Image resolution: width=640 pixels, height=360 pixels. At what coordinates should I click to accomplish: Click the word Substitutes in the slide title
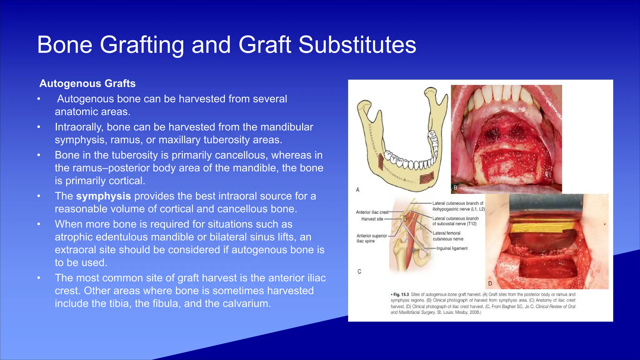point(357,45)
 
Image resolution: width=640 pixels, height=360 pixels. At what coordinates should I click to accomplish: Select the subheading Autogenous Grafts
point(87,83)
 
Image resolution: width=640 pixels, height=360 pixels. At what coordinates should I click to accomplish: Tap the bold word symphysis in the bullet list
point(103,196)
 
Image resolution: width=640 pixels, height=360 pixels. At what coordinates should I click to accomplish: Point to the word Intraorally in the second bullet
point(79,127)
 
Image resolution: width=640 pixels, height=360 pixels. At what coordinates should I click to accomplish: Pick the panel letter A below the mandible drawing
point(358,190)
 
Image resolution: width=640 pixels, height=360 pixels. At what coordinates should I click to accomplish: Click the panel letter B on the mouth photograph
point(455,188)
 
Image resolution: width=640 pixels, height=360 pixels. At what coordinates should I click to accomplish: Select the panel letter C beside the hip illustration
point(359,272)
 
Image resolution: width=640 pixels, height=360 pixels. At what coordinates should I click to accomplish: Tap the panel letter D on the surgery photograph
point(490,283)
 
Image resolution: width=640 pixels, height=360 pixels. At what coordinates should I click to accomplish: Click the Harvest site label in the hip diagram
point(372,219)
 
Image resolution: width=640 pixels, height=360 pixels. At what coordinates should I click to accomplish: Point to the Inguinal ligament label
point(452,248)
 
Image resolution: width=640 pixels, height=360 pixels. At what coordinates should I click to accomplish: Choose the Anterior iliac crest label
point(372,212)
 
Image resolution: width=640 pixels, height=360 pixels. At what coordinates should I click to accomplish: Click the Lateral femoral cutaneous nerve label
point(447,236)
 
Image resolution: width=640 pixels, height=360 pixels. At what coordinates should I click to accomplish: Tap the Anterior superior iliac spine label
point(371,238)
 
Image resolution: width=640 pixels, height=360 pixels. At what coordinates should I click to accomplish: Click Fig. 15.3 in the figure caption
point(401,294)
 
